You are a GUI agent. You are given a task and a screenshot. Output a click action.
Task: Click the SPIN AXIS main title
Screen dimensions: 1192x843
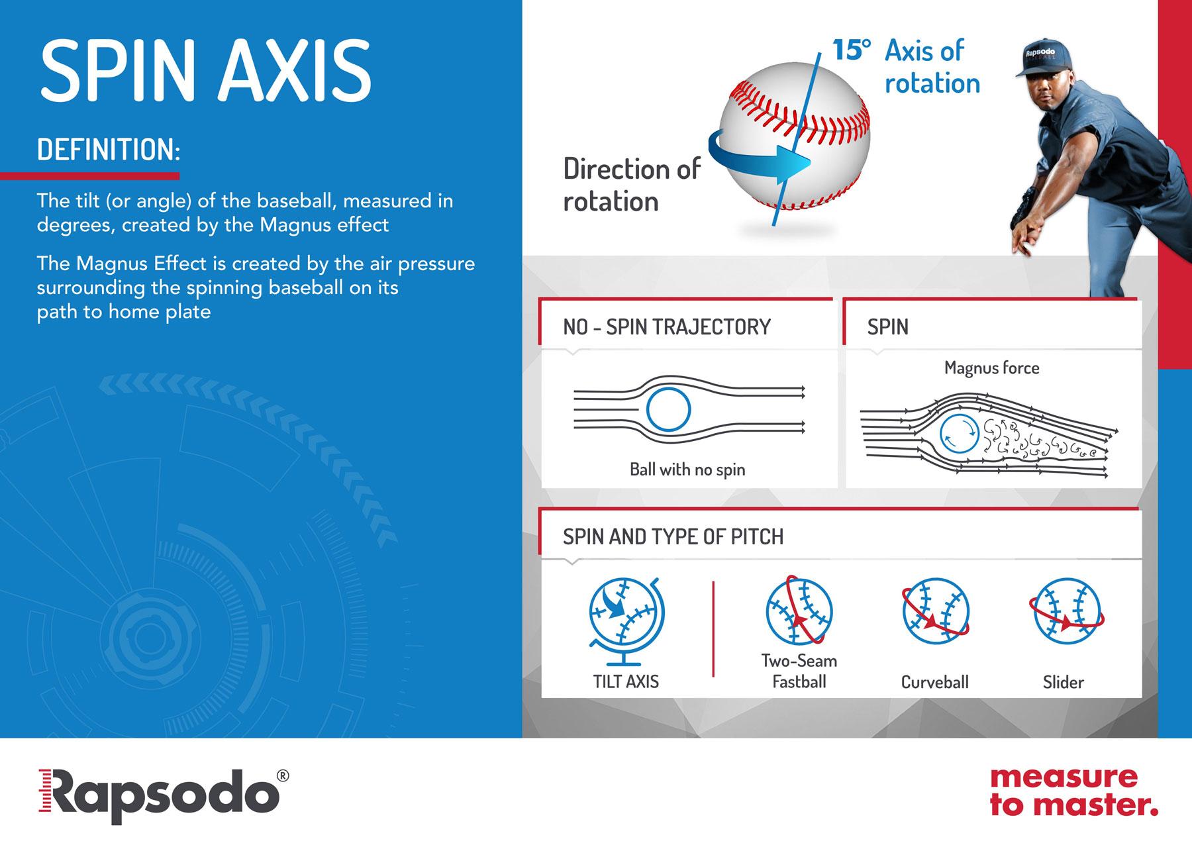tap(205, 70)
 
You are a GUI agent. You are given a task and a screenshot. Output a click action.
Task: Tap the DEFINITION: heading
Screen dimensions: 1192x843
tap(109, 150)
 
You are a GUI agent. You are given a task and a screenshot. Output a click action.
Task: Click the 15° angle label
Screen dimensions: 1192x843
tap(851, 51)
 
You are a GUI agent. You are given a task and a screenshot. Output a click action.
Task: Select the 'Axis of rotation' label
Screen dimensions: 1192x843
tap(932, 67)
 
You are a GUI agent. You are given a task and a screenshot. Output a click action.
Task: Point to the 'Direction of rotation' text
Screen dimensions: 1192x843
tap(632, 185)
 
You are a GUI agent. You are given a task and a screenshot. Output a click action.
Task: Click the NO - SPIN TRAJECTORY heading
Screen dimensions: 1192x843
tap(667, 326)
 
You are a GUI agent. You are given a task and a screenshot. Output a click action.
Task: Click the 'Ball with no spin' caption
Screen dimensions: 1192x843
tap(687, 470)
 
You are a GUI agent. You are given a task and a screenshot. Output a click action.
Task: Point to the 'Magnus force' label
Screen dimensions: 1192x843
tap(991, 368)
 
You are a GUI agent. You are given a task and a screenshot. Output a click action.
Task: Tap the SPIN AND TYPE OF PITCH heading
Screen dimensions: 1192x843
tap(673, 536)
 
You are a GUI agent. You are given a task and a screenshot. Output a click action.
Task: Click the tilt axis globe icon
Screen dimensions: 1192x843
tap(626, 621)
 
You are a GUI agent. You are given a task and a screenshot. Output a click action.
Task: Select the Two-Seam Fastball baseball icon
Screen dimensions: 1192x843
tap(799, 611)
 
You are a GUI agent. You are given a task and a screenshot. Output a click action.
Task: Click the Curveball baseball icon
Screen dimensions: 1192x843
tap(935, 613)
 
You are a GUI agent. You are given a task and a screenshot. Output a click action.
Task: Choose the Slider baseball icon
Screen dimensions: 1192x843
tap(1066, 612)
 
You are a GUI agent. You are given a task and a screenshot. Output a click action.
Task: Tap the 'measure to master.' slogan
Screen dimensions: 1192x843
tap(1073, 791)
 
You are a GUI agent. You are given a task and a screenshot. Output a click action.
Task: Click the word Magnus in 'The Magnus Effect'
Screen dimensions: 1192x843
tap(116, 264)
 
